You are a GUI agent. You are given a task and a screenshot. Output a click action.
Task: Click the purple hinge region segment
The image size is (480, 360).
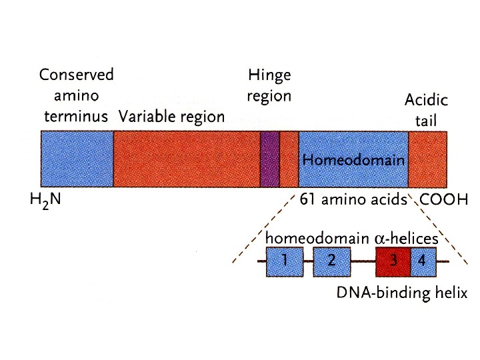[269, 159]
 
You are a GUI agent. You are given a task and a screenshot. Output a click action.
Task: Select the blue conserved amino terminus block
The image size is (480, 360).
[77, 159]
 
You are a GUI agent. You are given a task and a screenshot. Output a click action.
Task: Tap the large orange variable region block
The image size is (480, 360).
[187, 159]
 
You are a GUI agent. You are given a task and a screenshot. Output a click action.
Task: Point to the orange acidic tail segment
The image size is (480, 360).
[427, 159]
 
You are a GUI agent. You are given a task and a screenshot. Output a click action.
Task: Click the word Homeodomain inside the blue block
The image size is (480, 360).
[353, 161]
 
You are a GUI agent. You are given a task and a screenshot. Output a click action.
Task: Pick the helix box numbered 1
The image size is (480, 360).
[285, 261]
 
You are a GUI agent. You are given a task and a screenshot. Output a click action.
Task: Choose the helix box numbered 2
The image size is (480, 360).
[331, 261]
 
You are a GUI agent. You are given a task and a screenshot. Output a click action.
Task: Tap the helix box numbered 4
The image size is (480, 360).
[423, 261]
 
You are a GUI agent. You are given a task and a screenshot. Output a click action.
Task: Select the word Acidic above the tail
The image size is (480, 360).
[426, 101]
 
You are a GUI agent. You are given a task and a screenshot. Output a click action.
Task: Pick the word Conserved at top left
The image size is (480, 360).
[77, 74]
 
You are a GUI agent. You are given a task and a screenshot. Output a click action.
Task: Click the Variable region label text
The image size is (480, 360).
[171, 117]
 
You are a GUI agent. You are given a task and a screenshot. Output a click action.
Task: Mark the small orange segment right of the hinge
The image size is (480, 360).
[289, 159]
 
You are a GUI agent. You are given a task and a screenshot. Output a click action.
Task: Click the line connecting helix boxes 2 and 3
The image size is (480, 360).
[363, 261]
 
